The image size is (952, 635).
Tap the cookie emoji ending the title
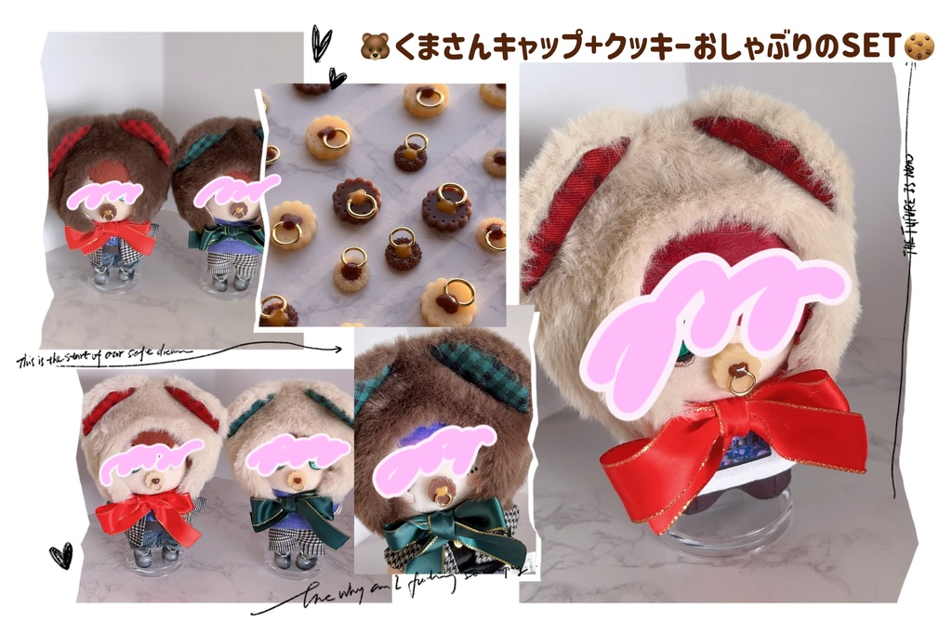920,44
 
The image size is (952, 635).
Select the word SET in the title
872,44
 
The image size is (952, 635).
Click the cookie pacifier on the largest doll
734,371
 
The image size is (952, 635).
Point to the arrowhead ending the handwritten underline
337,350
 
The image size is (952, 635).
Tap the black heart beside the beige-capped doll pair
60,556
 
